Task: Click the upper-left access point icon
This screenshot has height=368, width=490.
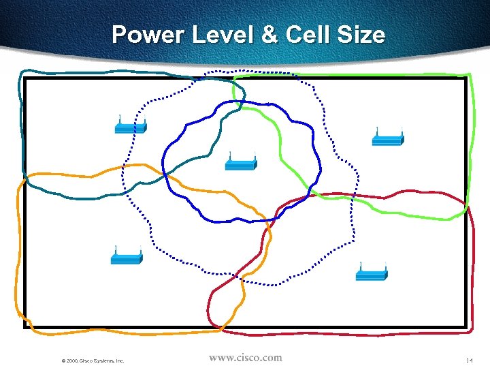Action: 131,127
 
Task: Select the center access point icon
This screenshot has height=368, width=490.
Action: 241,164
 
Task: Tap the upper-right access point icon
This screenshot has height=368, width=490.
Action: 388,139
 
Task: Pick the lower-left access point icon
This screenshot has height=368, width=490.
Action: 127,258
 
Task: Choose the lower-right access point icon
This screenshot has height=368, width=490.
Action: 372,274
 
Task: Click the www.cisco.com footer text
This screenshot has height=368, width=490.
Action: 245,358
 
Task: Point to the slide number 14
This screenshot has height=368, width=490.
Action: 469,360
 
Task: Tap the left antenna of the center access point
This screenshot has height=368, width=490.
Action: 229,155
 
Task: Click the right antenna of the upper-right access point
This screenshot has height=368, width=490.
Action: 402,131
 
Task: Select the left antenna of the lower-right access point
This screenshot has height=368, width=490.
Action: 359,266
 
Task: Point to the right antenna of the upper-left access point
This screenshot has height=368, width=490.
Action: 144,119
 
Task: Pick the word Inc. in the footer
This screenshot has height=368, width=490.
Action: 118,360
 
